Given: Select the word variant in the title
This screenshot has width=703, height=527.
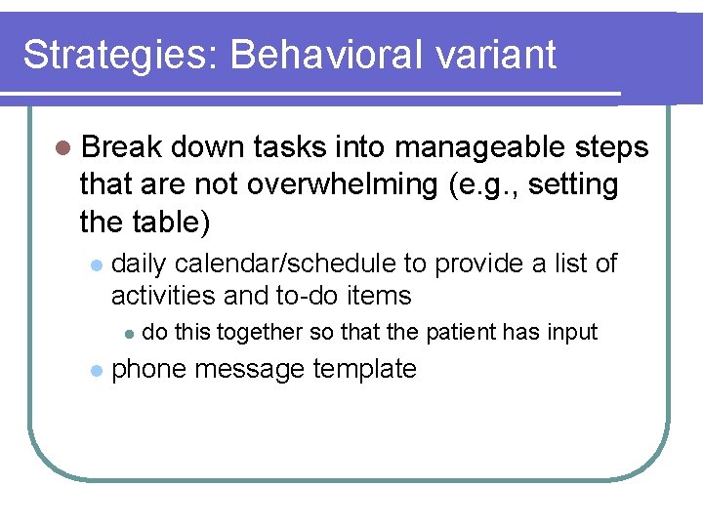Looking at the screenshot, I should tap(497, 56).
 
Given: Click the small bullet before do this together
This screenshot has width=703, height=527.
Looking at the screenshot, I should tap(127, 334).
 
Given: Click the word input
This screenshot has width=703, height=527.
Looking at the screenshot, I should tap(573, 333).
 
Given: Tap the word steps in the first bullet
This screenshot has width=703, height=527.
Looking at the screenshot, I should tap(609, 148).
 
